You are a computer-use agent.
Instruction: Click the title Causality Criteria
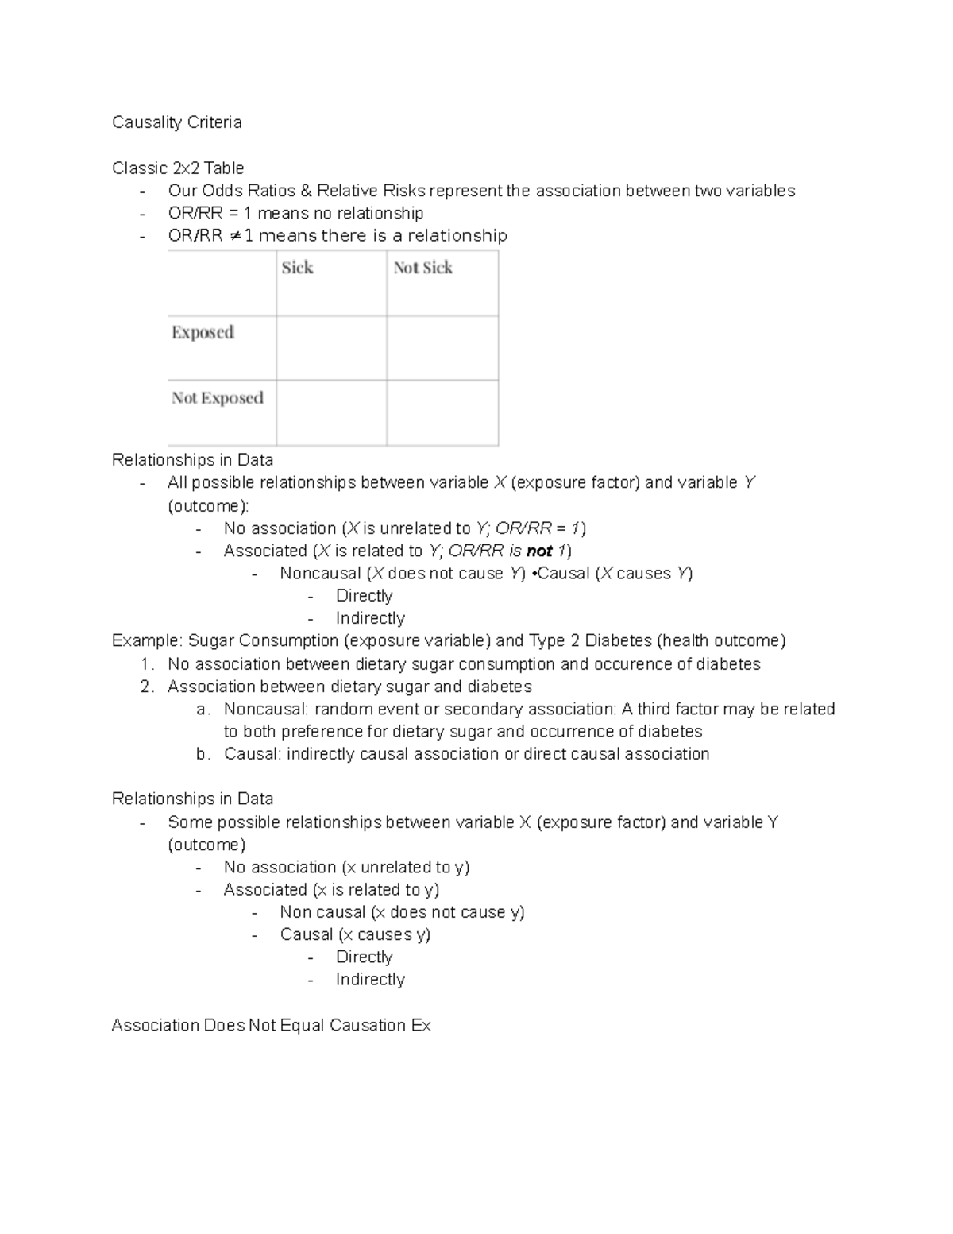(x=176, y=122)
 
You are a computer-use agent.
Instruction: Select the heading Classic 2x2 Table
(x=178, y=168)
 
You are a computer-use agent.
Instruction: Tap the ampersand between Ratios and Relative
(x=306, y=191)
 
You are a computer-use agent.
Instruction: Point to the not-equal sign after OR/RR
(x=235, y=236)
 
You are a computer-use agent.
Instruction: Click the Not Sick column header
(x=422, y=269)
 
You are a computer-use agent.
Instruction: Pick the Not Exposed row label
(x=218, y=398)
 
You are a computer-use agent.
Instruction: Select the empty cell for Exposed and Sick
(x=331, y=348)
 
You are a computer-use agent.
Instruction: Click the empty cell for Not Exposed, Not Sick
(x=442, y=412)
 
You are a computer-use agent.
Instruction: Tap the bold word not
(x=539, y=551)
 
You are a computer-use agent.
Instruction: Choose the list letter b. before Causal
(x=203, y=754)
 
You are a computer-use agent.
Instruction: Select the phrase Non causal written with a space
(x=322, y=912)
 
